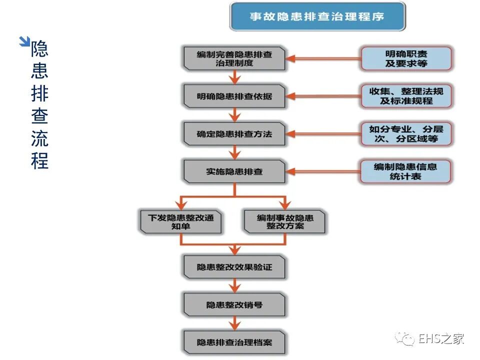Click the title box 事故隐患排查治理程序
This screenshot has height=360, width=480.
317,16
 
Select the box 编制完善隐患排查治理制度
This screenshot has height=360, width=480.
234,58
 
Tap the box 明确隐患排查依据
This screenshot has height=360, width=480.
234,96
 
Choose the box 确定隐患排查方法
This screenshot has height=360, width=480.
234,134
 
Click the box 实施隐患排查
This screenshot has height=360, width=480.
234,171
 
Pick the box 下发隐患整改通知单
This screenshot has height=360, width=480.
180,222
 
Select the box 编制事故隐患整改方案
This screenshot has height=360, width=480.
285,222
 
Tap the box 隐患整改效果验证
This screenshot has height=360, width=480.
234,267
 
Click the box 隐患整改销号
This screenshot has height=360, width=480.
234,304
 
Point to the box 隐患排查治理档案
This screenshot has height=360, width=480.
234,342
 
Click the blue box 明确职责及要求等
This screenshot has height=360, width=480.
406,58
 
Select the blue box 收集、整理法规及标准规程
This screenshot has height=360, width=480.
406,96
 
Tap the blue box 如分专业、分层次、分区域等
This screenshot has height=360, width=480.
406,133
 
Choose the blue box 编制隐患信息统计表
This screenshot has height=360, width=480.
406,171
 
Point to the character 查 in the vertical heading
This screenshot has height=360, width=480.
39,116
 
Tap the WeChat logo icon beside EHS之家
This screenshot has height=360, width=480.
404,339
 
